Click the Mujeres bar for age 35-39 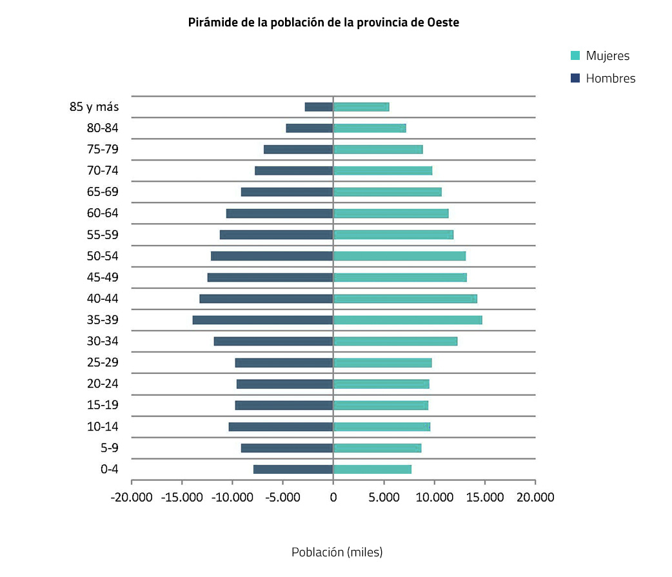407,320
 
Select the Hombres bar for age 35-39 262,320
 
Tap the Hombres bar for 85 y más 319,107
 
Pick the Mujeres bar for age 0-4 372,469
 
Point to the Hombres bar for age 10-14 281,427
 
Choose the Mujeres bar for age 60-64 390,213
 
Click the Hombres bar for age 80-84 310,128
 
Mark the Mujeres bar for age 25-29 382,363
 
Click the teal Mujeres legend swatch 575,56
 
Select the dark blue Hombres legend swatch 575,79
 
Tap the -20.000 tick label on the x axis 131,497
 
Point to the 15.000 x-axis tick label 484,497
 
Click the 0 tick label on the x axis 333,497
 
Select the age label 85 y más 94,107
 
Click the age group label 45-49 103,277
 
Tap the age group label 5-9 109,448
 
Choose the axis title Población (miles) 337,553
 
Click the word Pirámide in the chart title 212,23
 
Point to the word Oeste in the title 443,23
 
